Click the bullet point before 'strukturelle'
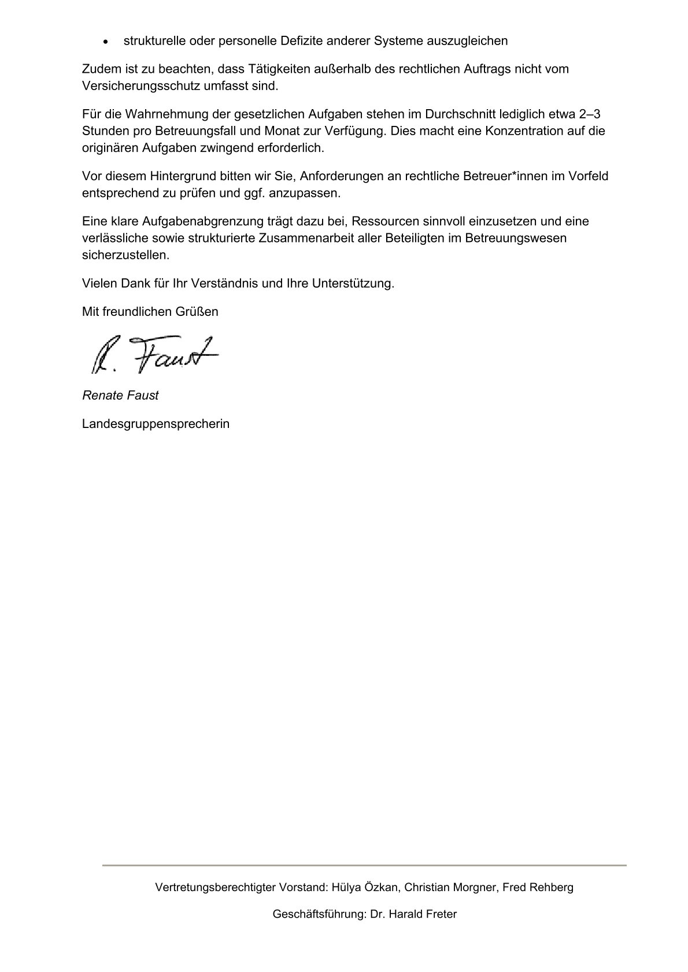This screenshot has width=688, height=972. coord(105,42)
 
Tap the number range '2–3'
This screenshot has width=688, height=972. coord(589,114)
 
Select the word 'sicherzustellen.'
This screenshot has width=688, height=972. coord(126,255)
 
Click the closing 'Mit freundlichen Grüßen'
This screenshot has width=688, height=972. coord(150,312)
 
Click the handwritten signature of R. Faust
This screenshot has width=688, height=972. coord(154,354)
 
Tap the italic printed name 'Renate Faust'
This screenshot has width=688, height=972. coord(120,396)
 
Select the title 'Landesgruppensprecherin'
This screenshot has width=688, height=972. coord(156,424)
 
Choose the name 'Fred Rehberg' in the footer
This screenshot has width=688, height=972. coord(538,887)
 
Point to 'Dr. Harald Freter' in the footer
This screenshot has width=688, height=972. coord(414,914)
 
